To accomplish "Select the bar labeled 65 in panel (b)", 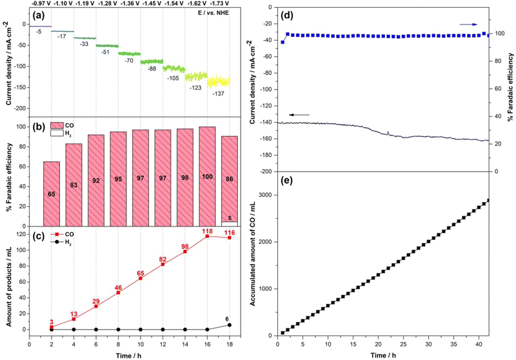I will [50, 194].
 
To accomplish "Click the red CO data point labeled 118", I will [207, 236].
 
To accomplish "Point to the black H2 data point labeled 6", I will [229, 325].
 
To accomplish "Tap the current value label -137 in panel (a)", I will [219, 94].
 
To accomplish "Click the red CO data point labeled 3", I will [50, 326].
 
